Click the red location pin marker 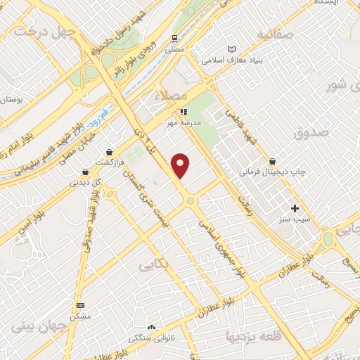[x=181, y=165]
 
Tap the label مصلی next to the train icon [x=174, y=51]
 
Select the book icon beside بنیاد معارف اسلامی [x=233, y=49]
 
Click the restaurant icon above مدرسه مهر [x=183, y=111]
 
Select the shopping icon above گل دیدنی [x=85, y=171]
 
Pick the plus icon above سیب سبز [x=295, y=208]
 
